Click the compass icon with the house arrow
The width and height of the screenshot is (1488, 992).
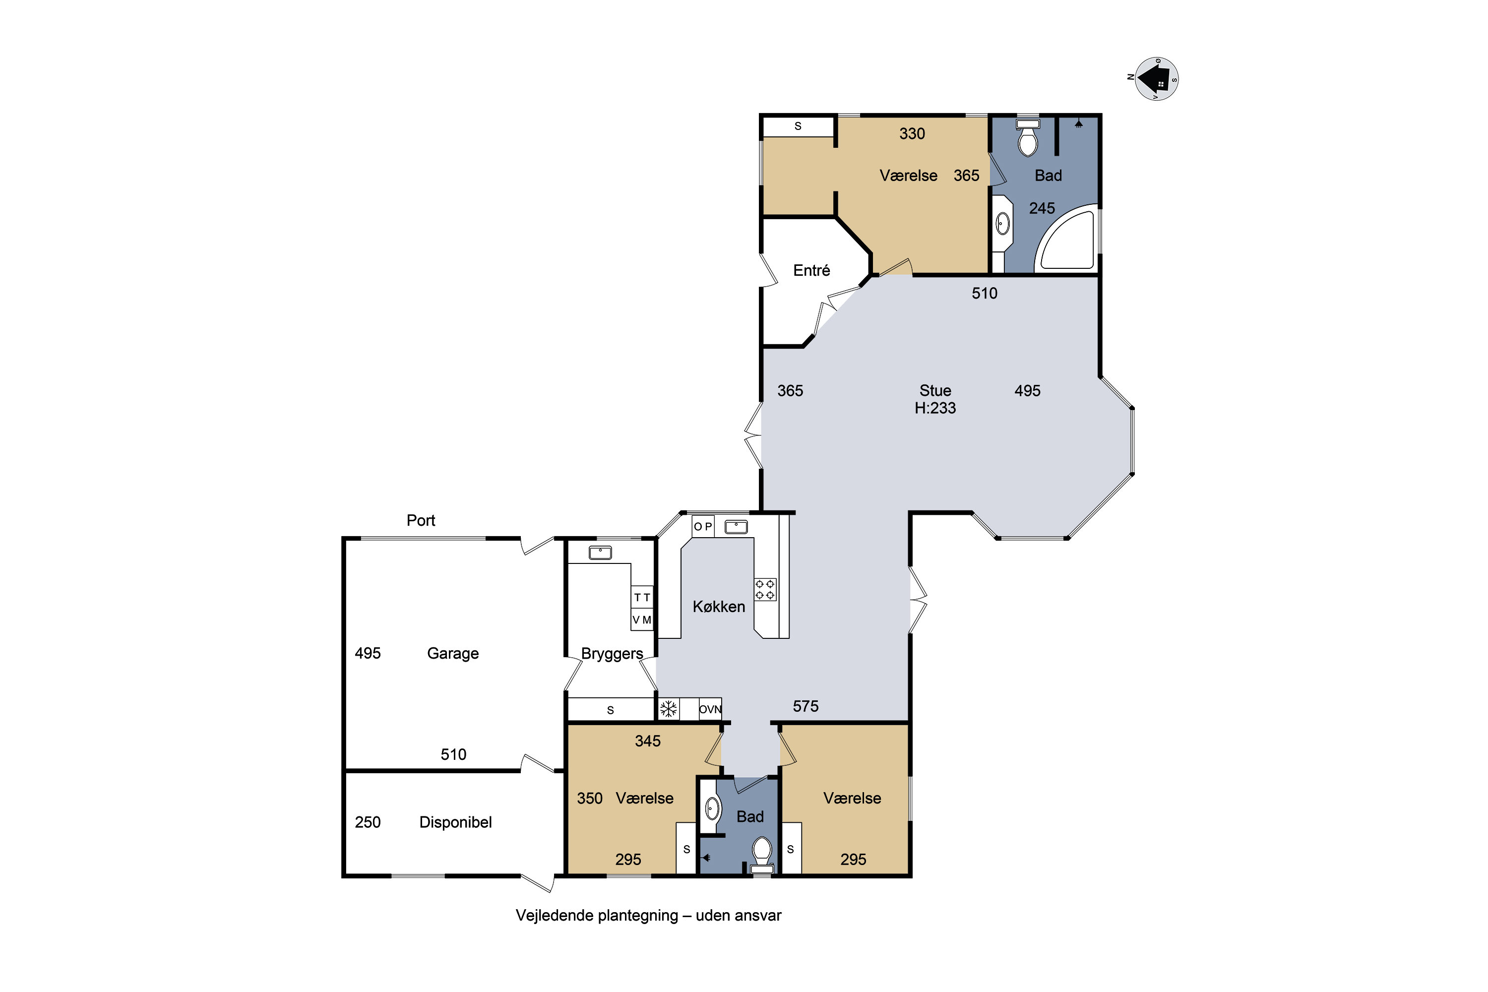coord(1157,79)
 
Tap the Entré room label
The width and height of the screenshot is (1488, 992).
coord(811,271)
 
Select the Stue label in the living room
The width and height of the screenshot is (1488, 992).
coord(935,390)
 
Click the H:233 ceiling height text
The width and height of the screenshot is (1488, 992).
coord(935,408)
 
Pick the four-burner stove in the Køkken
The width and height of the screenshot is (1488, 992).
coord(765,589)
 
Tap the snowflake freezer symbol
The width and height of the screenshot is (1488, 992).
coord(668,709)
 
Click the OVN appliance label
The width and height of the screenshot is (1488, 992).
coord(710,709)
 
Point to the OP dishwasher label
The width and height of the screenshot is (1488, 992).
coord(703,526)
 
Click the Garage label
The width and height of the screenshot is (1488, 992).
coord(453,654)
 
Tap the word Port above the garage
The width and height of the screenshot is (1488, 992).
coord(421,521)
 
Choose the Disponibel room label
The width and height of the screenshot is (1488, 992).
coord(455,822)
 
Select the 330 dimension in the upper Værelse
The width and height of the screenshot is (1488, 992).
coord(912,133)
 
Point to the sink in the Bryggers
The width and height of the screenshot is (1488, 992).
coord(600,553)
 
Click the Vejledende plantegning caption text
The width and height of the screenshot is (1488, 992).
coord(648,916)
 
